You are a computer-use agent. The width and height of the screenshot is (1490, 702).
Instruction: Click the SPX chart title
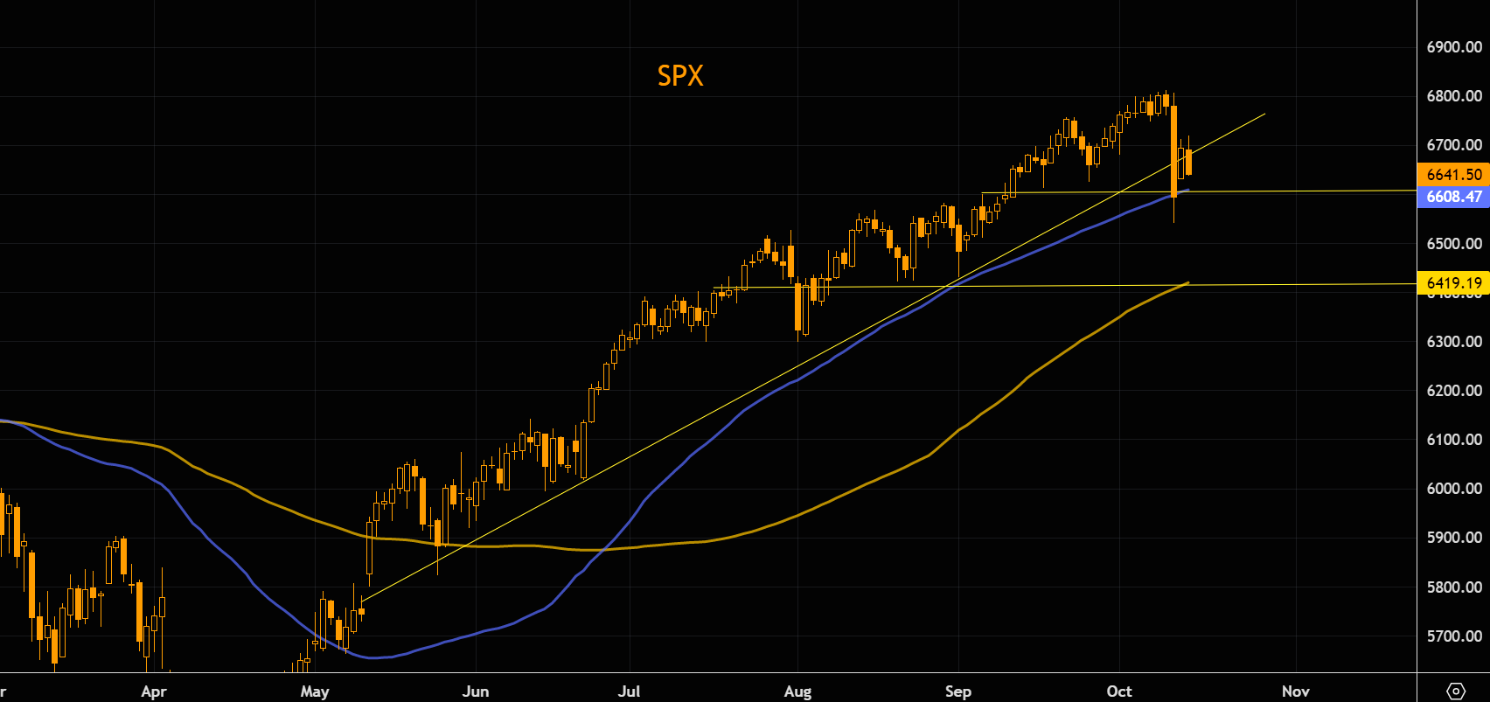point(680,76)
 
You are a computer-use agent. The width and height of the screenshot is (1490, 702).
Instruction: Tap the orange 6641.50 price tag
point(1453,175)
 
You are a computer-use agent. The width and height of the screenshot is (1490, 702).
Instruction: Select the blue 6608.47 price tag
point(1453,197)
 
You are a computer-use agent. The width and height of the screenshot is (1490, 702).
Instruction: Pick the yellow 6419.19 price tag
point(1453,282)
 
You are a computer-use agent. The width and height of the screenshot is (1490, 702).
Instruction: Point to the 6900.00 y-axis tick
point(1453,47)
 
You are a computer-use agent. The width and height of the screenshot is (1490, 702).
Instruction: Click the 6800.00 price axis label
point(1453,96)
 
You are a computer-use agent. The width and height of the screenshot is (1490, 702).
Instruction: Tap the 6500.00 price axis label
point(1453,244)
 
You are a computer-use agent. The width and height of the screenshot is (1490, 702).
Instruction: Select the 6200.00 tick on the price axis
point(1453,391)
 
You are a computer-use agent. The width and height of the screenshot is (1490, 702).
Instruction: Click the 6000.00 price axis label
point(1453,489)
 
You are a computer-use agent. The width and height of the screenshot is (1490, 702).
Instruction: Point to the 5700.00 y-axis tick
point(1453,636)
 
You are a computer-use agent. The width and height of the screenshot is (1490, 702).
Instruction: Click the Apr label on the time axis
point(153,692)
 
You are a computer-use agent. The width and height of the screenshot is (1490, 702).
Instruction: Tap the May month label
point(315,692)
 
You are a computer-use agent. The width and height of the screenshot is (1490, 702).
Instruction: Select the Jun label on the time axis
point(476,692)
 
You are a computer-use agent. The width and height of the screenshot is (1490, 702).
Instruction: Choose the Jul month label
point(629,692)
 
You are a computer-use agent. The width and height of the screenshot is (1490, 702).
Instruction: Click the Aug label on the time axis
point(797,692)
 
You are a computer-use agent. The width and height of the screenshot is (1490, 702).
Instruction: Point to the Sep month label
point(958,692)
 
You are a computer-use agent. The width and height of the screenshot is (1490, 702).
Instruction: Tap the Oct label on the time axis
point(1119,692)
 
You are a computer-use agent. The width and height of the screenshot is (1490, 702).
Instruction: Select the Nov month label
point(1296,692)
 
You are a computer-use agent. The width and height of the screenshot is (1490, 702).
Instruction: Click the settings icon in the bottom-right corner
point(1456,692)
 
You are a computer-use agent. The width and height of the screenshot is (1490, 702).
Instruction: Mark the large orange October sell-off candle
point(1174,150)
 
